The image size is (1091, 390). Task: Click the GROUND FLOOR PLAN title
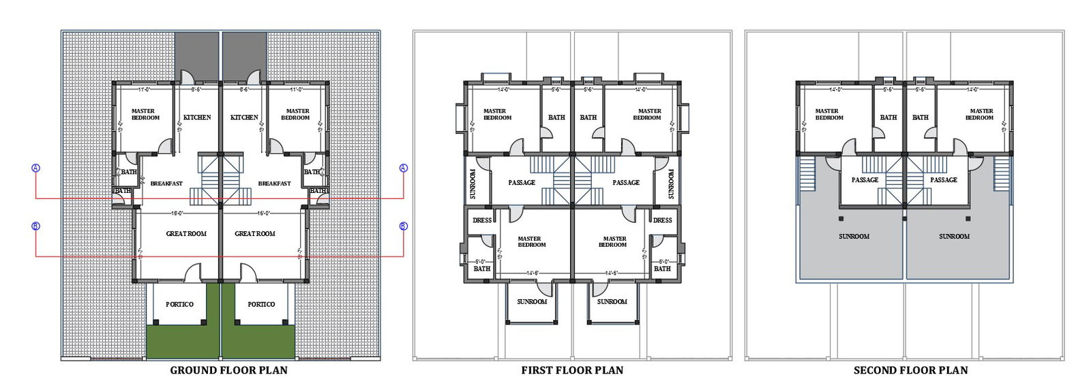click(228, 370)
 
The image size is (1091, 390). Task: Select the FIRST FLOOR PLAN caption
click(572, 370)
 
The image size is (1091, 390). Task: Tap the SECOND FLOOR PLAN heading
click(910, 370)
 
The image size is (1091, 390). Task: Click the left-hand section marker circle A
click(36, 168)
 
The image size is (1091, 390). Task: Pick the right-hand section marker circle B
click(403, 226)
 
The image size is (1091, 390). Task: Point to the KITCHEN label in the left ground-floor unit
click(197, 117)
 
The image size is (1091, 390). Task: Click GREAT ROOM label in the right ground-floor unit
click(255, 234)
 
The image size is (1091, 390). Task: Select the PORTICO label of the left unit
click(179, 304)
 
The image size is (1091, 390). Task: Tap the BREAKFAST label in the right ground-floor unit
click(274, 183)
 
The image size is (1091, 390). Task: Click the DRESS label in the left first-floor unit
click(482, 220)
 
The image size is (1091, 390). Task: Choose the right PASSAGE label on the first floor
click(626, 183)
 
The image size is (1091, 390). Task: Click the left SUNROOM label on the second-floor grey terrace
click(854, 237)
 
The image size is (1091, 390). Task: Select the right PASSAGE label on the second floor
click(944, 180)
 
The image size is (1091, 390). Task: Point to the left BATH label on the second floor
click(888, 117)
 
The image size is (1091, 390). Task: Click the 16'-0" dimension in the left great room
click(177, 213)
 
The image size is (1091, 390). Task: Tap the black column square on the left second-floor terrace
click(841, 219)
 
